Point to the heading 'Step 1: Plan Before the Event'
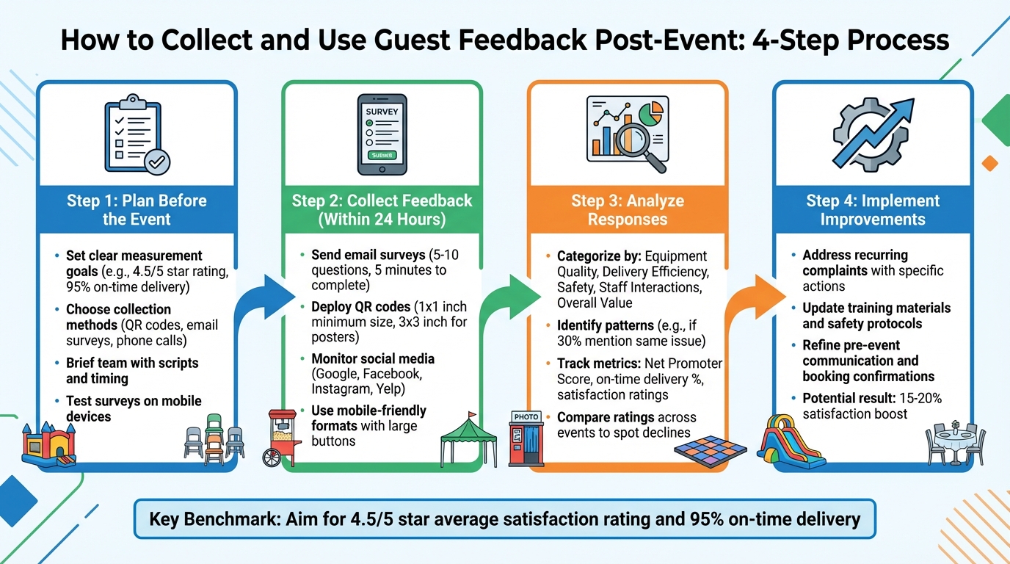[x=137, y=210]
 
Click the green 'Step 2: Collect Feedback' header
[x=382, y=210]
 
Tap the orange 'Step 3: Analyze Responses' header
[x=628, y=210]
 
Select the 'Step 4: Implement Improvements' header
[x=873, y=210]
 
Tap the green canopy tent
[x=462, y=439]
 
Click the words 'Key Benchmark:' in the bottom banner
[x=202, y=519]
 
